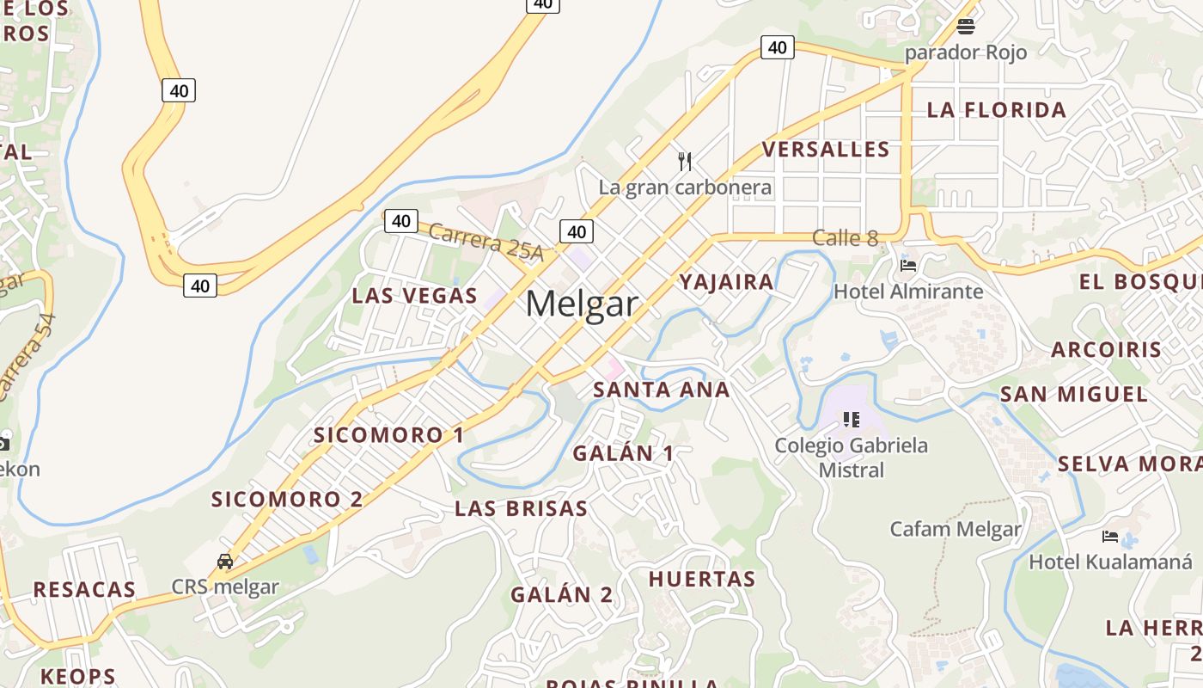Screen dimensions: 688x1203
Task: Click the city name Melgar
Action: click(582, 304)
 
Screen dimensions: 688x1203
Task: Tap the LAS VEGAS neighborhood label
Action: click(414, 296)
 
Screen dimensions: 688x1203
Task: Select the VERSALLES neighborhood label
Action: click(826, 150)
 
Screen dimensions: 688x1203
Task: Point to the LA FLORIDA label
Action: click(997, 110)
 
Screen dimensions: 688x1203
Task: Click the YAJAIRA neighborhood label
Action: click(727, 282)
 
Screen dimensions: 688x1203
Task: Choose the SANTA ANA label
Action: click(662, 390)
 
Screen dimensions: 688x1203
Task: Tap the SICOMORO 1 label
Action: click(388, 435)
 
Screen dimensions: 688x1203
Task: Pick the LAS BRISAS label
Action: click(522, 508)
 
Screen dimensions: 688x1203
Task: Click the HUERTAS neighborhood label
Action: click(702, 579)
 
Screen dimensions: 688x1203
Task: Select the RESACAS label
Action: click(84, 590)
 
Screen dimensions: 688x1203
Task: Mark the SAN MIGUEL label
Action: click(1074, 395)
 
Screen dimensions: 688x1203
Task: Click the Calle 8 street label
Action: click(845, 238)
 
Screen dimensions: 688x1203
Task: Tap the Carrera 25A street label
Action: click(485, 242)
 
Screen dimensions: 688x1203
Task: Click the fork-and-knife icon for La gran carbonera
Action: click(685, 161)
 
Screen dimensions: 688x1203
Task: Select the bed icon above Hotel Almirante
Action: click(908, 266)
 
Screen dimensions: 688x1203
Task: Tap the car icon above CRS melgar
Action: click(225, 562)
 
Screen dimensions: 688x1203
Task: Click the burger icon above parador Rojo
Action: click(966, 27)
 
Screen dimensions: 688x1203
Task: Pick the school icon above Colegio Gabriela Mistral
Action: click(852, 420)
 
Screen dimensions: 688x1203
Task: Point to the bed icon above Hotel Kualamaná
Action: click(1110, 537)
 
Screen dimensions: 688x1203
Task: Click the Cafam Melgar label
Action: click(956, 529)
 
